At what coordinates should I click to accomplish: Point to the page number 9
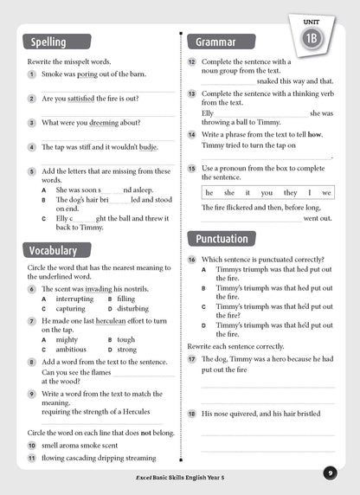(x=331, y=472)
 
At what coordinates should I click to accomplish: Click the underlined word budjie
(x=149, y=147)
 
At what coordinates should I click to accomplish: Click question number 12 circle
(x=192, y=62)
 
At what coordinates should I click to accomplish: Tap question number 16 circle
(x=192, y=260)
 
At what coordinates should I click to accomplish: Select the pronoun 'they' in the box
(x=290, y=192)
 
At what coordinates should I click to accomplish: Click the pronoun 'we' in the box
(x=325, y=192)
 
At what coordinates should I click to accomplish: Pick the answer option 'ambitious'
(x=71, y=350)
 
